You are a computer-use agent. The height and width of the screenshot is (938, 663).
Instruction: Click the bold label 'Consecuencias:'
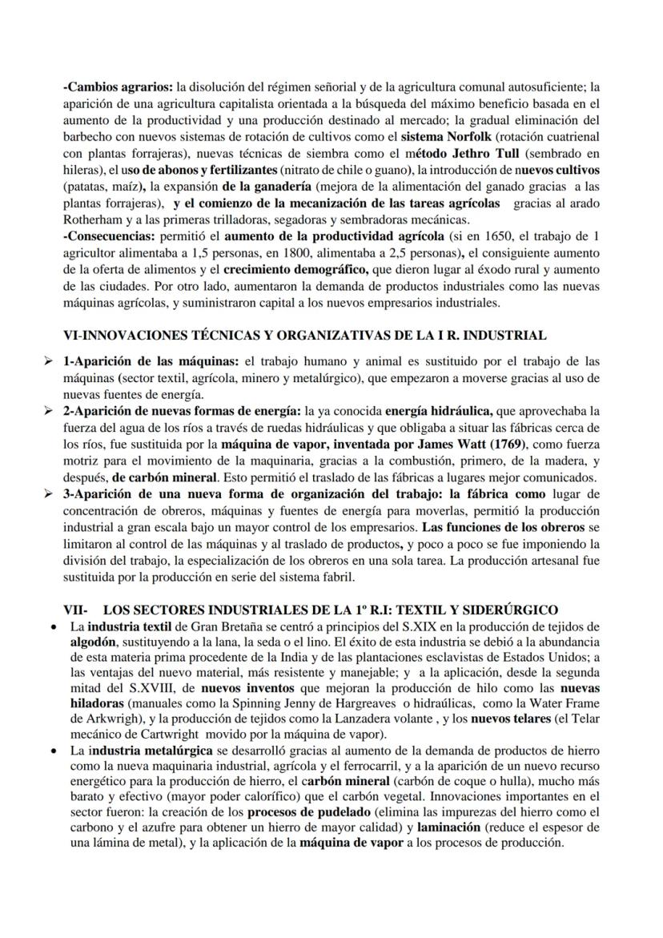tap(110, 236)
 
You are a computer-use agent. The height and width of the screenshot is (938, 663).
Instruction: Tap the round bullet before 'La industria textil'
tap(52, 626)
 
